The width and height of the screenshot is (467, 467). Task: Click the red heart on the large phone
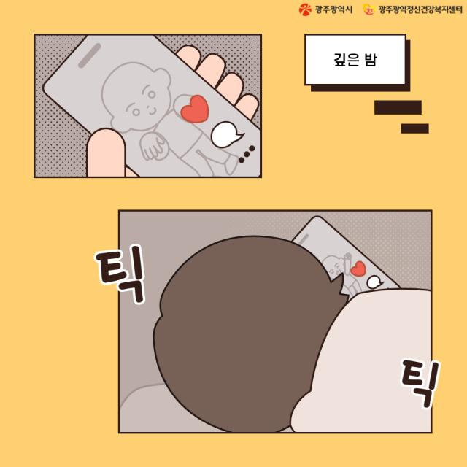coord(195,109)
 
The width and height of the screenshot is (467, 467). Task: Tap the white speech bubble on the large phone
coord(226,135)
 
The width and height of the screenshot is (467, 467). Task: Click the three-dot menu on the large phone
coord(247,154)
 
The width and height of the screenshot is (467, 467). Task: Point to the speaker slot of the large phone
coord(89,55)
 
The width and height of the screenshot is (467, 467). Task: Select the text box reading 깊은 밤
coord(355,60)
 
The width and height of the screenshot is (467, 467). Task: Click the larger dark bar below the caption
coord(398,107)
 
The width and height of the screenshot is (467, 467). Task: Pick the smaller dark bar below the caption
coord(414,128)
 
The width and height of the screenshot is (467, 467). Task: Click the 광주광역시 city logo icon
coord(305,9)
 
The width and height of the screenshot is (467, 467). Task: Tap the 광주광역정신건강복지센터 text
coord(420,9)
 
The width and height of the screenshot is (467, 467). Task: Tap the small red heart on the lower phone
coord(358,269)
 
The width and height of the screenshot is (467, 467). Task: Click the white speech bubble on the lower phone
coord(374,282)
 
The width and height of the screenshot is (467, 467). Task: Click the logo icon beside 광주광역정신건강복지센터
coord(368,9)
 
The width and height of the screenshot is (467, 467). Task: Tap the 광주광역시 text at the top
coord(333,9)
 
